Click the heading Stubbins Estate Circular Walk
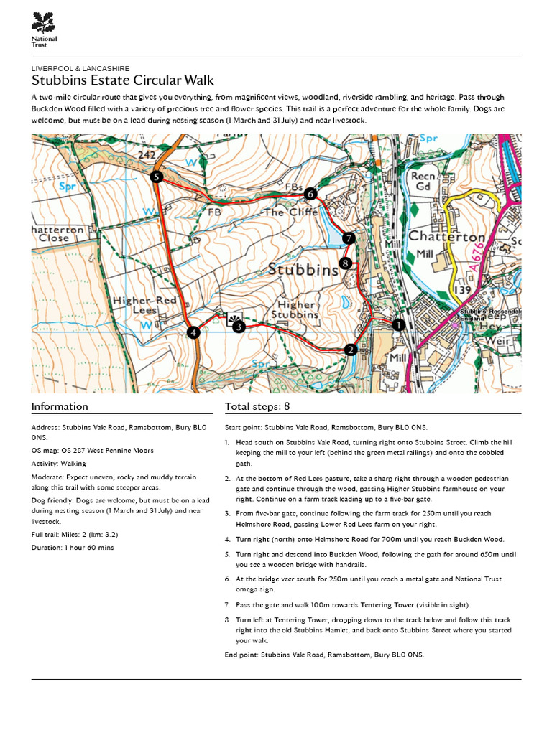point(122,80)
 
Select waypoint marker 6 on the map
point(310,194)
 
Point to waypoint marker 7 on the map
point(349,238)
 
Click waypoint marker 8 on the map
point(346,263)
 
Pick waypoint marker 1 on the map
point(397,325)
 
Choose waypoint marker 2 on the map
point(351,350)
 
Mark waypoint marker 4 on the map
point(193,332)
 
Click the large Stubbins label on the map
point(303,271)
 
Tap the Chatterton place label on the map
point(446,236)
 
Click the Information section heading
point(60,406)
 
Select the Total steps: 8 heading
point(257,406)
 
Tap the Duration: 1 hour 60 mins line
point(73,547)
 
